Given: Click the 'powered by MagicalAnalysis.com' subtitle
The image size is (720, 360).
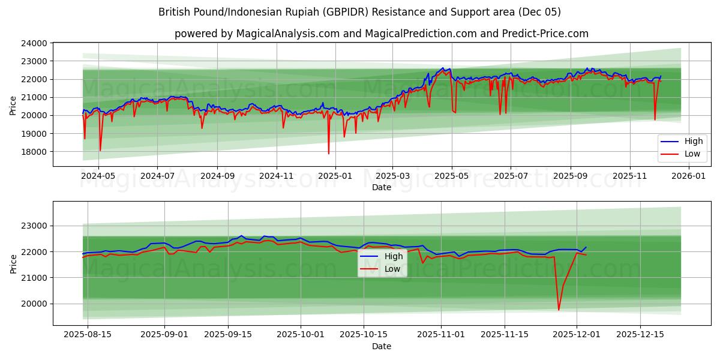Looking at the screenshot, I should [381, 34].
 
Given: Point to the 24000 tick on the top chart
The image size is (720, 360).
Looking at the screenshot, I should [34, 43].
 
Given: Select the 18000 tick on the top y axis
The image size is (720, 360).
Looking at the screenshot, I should [34, 151].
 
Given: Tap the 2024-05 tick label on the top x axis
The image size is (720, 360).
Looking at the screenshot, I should [98, 176].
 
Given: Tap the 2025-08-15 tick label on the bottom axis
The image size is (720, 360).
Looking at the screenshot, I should [87, 335].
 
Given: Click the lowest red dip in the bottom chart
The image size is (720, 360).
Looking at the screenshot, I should [559, 310].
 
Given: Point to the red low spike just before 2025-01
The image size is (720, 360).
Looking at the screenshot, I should [328, 154].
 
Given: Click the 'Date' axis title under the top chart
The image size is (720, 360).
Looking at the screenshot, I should [381, 187].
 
